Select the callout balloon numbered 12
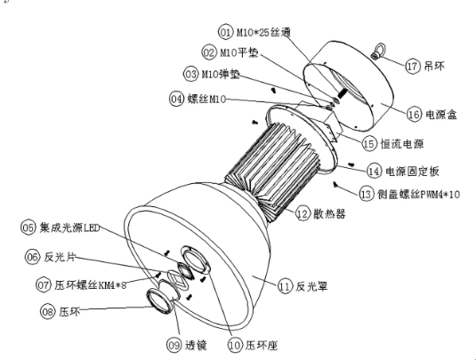pyautogui.click(x=303, y=213)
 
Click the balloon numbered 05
pyautogui.click(x=28, y=228)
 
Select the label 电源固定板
pyautogui.click(x=420, y=169)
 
